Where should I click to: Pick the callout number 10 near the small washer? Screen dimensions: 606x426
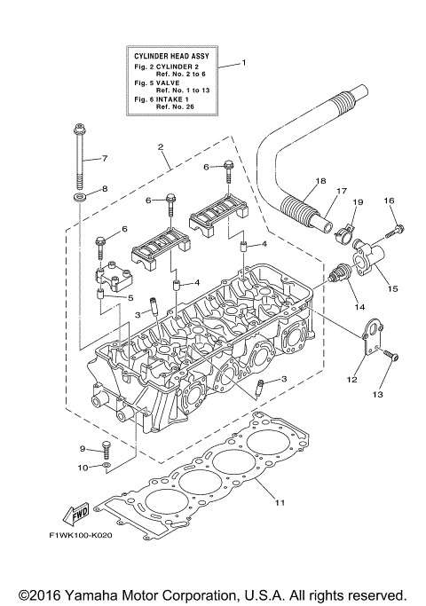point(83,466)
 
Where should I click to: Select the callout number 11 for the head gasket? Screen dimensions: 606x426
point(279,503)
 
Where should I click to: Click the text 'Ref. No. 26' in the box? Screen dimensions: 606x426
point(175,106)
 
